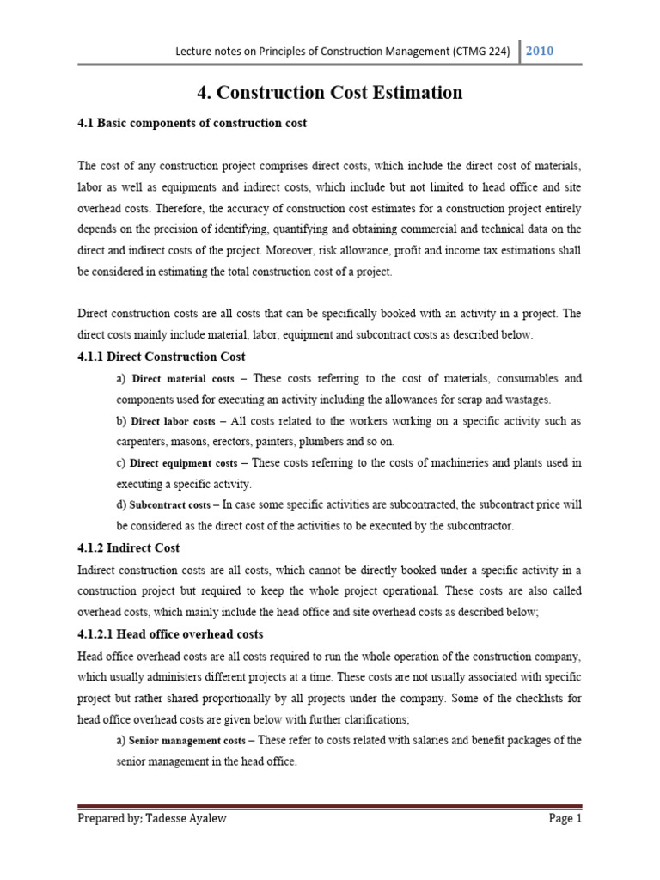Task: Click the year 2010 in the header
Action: [540, 51]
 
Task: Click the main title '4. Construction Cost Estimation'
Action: [330, 92]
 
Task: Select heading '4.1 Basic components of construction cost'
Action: [192, 124]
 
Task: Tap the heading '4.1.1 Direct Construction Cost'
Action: [162, 357]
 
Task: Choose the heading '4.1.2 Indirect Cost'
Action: [129, 547]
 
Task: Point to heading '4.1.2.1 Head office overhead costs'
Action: [170, 633]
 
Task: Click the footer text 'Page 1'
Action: [565, 819]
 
